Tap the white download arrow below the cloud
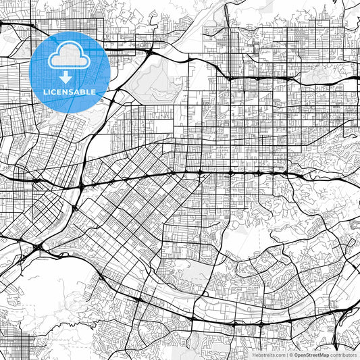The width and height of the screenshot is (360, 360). click(x=66, y=76)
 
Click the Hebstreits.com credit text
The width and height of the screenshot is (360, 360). click(x=269, y=354)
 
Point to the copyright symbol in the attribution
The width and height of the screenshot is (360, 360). click(x=291, y=354)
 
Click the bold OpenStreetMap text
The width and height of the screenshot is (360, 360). click(x=311, y=354)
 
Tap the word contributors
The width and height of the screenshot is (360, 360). click(x=343, y=354)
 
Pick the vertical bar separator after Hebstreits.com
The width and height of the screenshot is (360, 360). click(x=286, y=354)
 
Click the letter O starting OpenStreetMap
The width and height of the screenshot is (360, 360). click(x=296, y=354)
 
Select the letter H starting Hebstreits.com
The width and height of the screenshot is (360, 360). click(x=255, y=354)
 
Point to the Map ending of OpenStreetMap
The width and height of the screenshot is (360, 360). click(x=324, y=354)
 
